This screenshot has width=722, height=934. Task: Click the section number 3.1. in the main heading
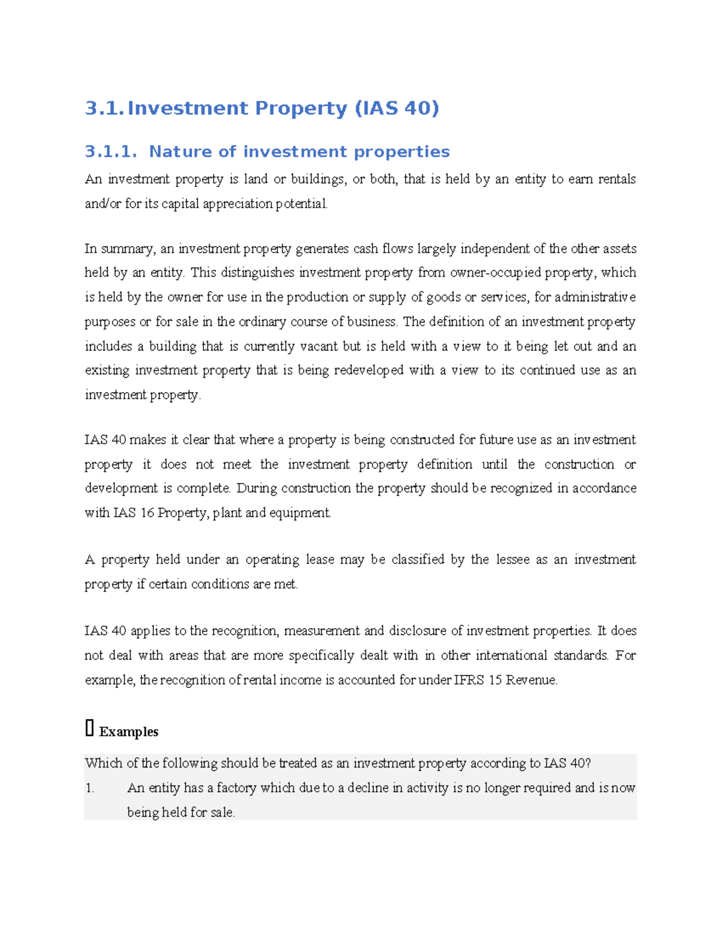click(104, 108)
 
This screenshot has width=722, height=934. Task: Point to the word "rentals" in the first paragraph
click(617, 179)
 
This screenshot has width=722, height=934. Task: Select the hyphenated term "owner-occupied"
click(496, 273)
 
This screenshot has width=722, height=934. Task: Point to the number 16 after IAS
click(147, 513)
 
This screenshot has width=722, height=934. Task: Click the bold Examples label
click(129, 732)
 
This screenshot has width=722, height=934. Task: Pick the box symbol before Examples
click(90, 729)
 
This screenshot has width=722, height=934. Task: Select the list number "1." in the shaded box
click(90, 788)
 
